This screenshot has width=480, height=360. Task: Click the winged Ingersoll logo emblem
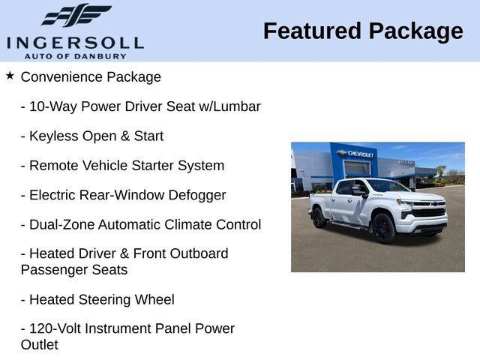[x=76, y=15]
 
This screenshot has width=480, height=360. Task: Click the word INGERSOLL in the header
[x=75, y=43]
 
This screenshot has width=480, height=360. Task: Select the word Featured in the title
[x=312, y=31]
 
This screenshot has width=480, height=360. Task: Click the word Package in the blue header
[x=416, y=31]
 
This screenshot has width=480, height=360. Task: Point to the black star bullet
[x=10, y=75]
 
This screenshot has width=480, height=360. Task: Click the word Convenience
[x=61, y=76]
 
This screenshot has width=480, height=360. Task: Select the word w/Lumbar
[x=230, y=106]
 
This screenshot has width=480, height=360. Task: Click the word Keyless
[x=54, y=136]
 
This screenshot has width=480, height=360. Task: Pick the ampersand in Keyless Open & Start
[x=125, y=136]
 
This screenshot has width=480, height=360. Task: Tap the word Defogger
[x=197, y=196]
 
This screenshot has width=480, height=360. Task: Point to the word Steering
[x=105, y=300]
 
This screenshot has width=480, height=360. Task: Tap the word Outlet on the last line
[x=40, y=345]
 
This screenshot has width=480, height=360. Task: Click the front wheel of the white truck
[x=383, y=228]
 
